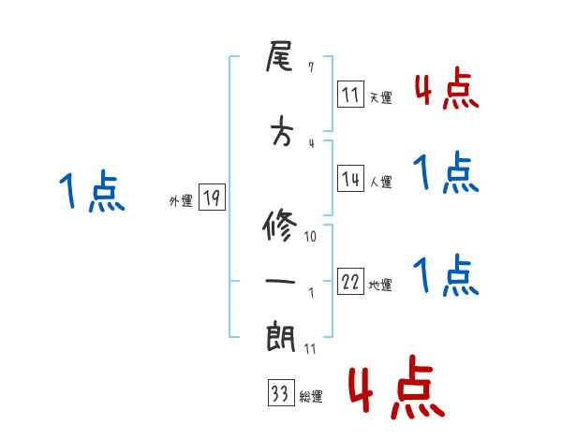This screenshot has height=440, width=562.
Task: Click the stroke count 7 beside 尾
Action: pos(311,68)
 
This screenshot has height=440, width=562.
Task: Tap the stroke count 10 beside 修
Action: pos(311,236)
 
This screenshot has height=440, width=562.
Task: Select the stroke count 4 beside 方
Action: pos(311,142)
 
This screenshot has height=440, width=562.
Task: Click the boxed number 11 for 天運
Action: pos(351,94)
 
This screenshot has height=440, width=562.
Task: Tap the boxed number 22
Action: pos(351,284)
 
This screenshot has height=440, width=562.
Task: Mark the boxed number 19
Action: pos(211,198)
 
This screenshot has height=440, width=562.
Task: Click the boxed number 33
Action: pos(280,395)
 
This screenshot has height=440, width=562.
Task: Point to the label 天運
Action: pos(380,96)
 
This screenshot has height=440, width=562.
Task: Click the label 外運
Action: pos(181,199)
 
